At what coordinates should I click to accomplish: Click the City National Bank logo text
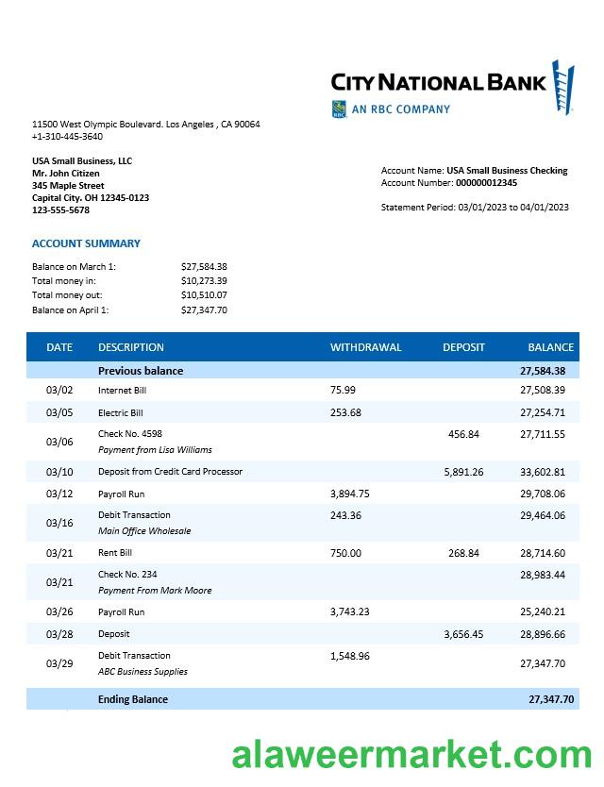click(x=438, y=82)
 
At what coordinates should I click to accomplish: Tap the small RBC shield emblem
click(x=339, y=109)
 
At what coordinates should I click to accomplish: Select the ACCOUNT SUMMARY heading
click(x=86, y=243)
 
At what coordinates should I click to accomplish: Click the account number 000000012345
click(x=486, y=183)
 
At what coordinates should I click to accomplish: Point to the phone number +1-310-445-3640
click(x=67, y=137)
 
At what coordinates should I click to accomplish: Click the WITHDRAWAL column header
click(x=365, y=347)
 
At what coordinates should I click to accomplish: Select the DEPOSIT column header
click(x=463, y=347)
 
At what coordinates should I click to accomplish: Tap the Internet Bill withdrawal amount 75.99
click(x=343, y=390)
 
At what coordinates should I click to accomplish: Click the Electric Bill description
click(x=120, y=413)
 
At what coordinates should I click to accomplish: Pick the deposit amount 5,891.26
click(x=463, y=472)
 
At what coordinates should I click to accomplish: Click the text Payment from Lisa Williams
click(x=155, y=450)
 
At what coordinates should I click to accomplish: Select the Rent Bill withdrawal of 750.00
click(x=345, y=553)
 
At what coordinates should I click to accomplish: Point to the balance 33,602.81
click(x=542, y=472)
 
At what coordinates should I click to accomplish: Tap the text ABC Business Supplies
click(x=143, y=672)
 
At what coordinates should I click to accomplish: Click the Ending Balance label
click(x=132, y=699)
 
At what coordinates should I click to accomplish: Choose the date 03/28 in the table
click(x=59, y=634)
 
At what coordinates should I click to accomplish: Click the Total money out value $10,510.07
click(x=204, y=295)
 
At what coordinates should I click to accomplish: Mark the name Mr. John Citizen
click(x=66, y=174)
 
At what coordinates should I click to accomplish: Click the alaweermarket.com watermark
click(x=412, y=756)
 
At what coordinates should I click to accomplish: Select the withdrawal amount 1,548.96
click(x=350, y=656)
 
